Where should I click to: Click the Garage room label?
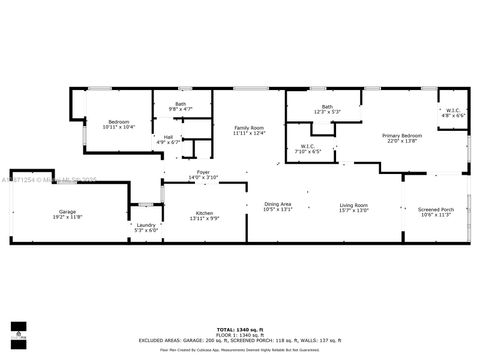[x=68, y=211]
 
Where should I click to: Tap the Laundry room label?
[x=146, y=225]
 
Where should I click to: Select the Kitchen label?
[x=205, y=212]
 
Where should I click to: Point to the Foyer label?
[x=203, y=172]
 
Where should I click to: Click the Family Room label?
[x=249, y=128]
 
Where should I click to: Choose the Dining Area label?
[x=277, y=204]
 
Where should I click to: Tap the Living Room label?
[x=354, y=204]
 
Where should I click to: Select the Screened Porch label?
[x=436, y=209]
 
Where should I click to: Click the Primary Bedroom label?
[x=401, y=135]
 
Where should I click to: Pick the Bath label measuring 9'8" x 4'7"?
[x=181, y=104]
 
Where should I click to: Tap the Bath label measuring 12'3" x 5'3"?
[x=327, y=107]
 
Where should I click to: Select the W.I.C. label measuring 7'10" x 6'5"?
[x=308, y=146]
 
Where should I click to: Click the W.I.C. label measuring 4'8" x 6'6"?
[x=453, y=110]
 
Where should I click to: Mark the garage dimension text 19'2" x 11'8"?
[x=68, y=217]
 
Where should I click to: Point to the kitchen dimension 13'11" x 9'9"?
[x=205, y=218]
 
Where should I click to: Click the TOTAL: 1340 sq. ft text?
[x=239, y=328]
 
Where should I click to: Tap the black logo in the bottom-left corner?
[x=17, y=330]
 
